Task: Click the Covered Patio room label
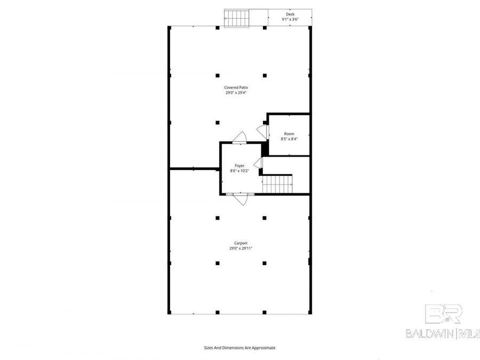236,87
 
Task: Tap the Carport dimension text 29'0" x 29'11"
241,248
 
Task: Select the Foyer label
239,166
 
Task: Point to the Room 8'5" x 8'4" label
289,136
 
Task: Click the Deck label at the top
290,14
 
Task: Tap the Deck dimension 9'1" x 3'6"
290,19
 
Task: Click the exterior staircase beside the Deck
237,18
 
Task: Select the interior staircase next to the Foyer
277,184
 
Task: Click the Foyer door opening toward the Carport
241,199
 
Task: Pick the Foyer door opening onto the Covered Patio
239,137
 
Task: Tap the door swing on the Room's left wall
262,132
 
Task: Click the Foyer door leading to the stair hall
258,163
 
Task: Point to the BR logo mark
443,314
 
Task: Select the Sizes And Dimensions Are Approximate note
239,348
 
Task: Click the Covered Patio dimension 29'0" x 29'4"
236,92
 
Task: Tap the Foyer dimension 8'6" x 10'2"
239,171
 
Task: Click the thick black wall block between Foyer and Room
265,149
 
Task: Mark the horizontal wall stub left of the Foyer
194,169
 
